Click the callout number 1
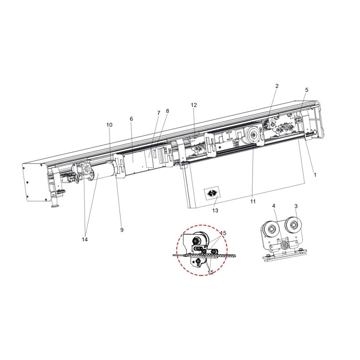point(315,175)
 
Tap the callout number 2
point(277,86)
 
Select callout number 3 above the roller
point(296,206)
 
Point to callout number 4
point(274,206)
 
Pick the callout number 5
point(307,90)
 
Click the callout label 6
point(131,119)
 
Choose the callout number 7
point(158,113)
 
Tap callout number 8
point(168,111)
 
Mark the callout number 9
point(122,230)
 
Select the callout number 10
point(109,125)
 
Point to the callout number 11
point(253,202)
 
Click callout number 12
point(194,105)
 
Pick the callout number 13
point(215,210)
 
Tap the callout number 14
point(85,239)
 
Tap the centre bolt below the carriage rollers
point(286,245)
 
